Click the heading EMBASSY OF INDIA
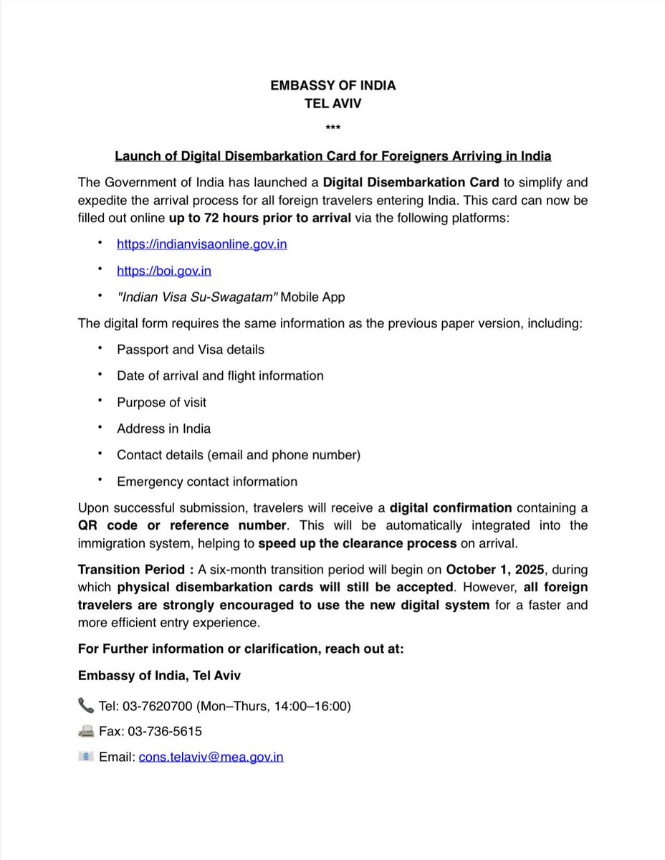(x=332, y=85)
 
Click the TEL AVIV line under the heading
(x=332, y=103)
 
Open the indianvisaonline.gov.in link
(x=202, y=244)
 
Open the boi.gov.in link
(x=164, y=271)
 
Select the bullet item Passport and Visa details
(x=191, y=350)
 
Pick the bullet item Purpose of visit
(x=161, y=403)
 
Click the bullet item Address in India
(x=163, y=429)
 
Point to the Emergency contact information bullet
(x=206, y=482)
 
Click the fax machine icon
(x=86, y=731)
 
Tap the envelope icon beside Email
(x=86, y=756)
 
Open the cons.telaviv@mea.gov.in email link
(x=211, y=757)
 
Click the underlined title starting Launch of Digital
(x=332, y=156)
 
